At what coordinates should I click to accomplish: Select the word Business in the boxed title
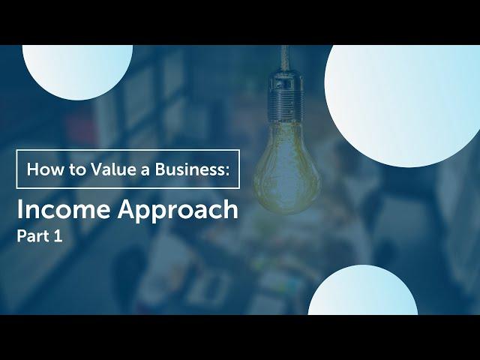point(189,169)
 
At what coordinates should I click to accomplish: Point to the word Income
point(63,209)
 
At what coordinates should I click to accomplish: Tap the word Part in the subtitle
point(33,236)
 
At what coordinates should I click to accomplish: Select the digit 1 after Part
point(58,236)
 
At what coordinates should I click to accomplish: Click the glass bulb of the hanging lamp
point(286,168)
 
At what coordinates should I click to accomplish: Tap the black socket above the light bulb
point(285,96)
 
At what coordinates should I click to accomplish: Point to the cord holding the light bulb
point(285,58)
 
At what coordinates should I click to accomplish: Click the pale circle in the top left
point(77,72)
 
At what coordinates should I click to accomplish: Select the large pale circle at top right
point(402,106)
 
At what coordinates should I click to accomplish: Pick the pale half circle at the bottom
point(363,290)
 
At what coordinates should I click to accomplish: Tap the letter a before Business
point(145,172)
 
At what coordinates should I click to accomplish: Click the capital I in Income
point(19,209)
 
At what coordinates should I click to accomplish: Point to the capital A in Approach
point(127,209)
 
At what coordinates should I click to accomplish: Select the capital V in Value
point(97,169)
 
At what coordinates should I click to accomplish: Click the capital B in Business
point(160,169)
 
